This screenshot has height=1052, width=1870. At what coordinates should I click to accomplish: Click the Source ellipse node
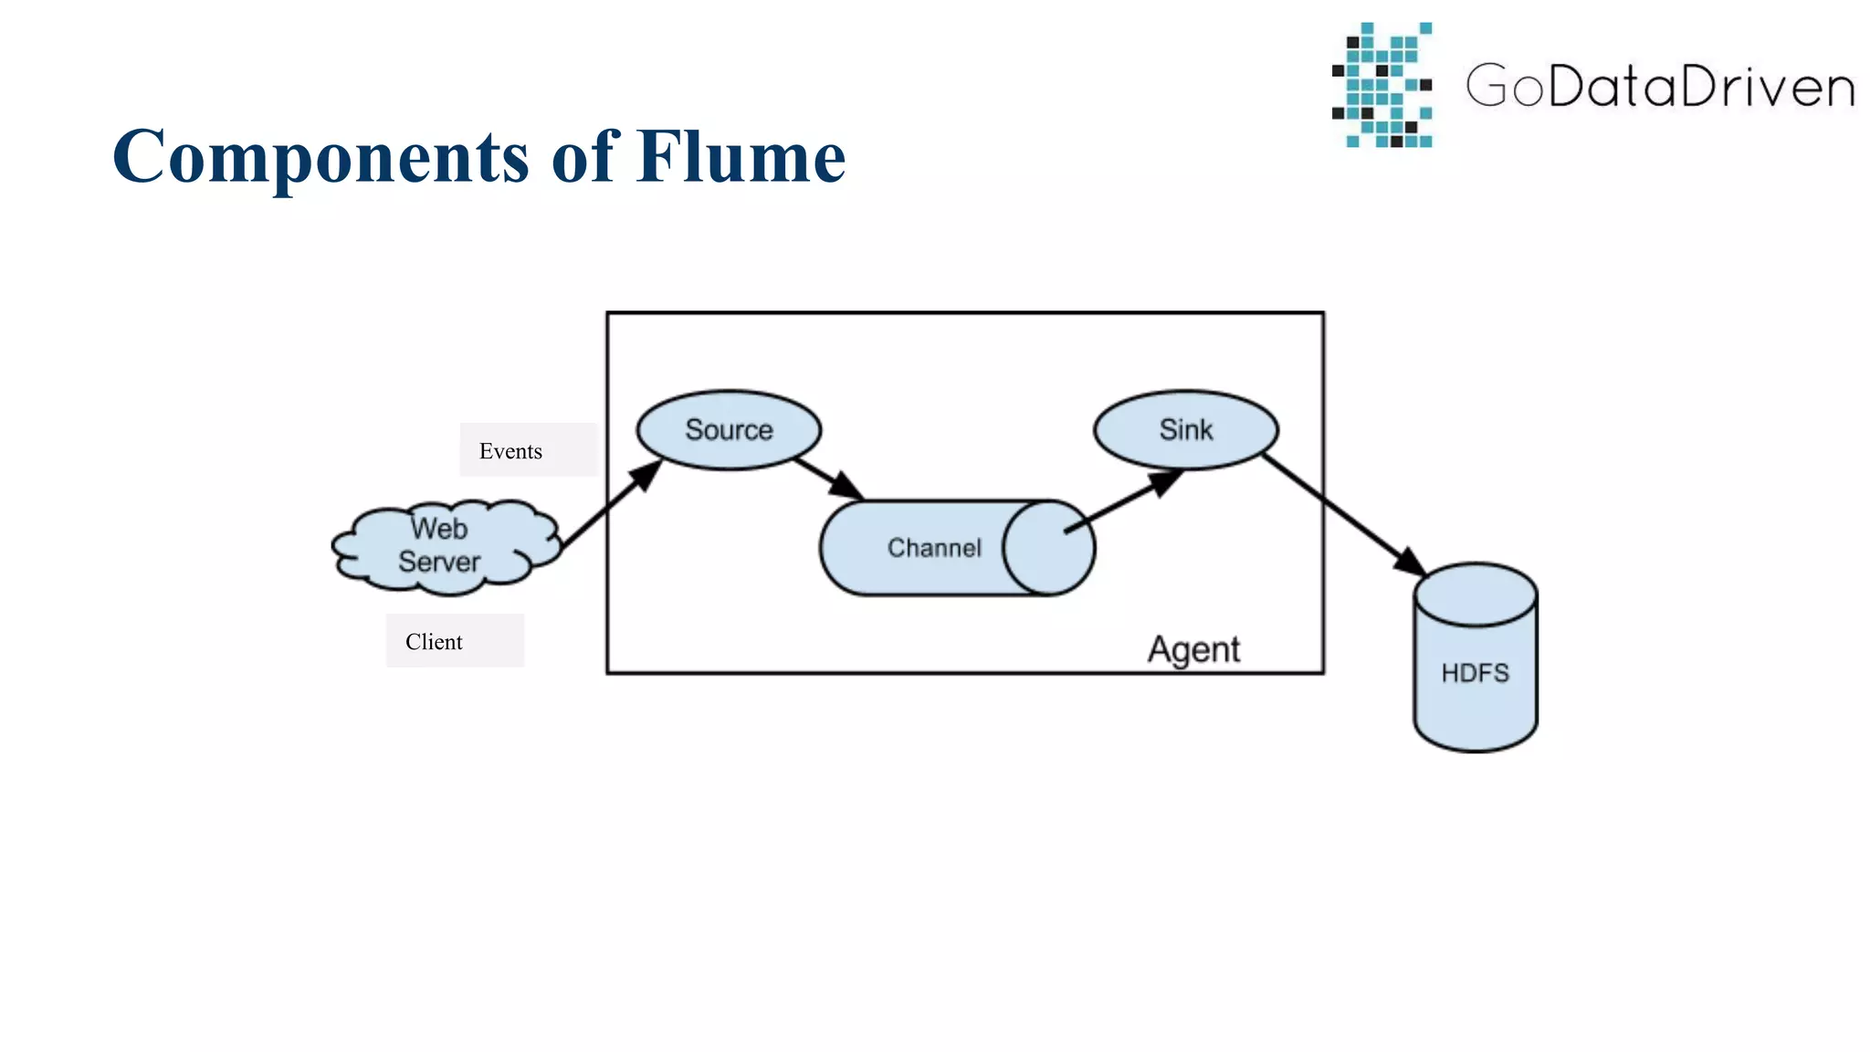[729, 430]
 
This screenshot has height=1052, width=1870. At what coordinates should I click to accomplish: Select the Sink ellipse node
[1185, 430]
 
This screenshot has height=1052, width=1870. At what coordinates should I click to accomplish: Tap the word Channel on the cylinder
[934, 548]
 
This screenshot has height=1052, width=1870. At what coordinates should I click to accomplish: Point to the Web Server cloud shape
[446, 546]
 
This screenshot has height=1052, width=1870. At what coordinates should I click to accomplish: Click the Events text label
[510, 451]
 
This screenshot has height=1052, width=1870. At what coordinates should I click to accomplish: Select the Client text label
[434, 642]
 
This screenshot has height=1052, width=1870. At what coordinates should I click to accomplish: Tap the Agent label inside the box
[1193, 650]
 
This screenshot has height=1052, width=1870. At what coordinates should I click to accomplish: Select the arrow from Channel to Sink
[1122, 501]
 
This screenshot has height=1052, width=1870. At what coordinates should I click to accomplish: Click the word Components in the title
[320, 157]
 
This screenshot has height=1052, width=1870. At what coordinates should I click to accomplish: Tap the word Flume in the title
[741, 157]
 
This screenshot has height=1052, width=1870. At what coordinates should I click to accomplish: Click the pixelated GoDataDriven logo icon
[1381, 85]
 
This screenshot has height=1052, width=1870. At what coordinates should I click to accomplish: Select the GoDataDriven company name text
[1660, 87]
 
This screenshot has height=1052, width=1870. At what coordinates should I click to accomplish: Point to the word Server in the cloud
[439, 562]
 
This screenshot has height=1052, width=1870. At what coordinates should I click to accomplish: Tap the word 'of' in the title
[585, 157]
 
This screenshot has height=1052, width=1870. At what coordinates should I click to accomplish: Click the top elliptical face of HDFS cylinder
[1476, 594]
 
